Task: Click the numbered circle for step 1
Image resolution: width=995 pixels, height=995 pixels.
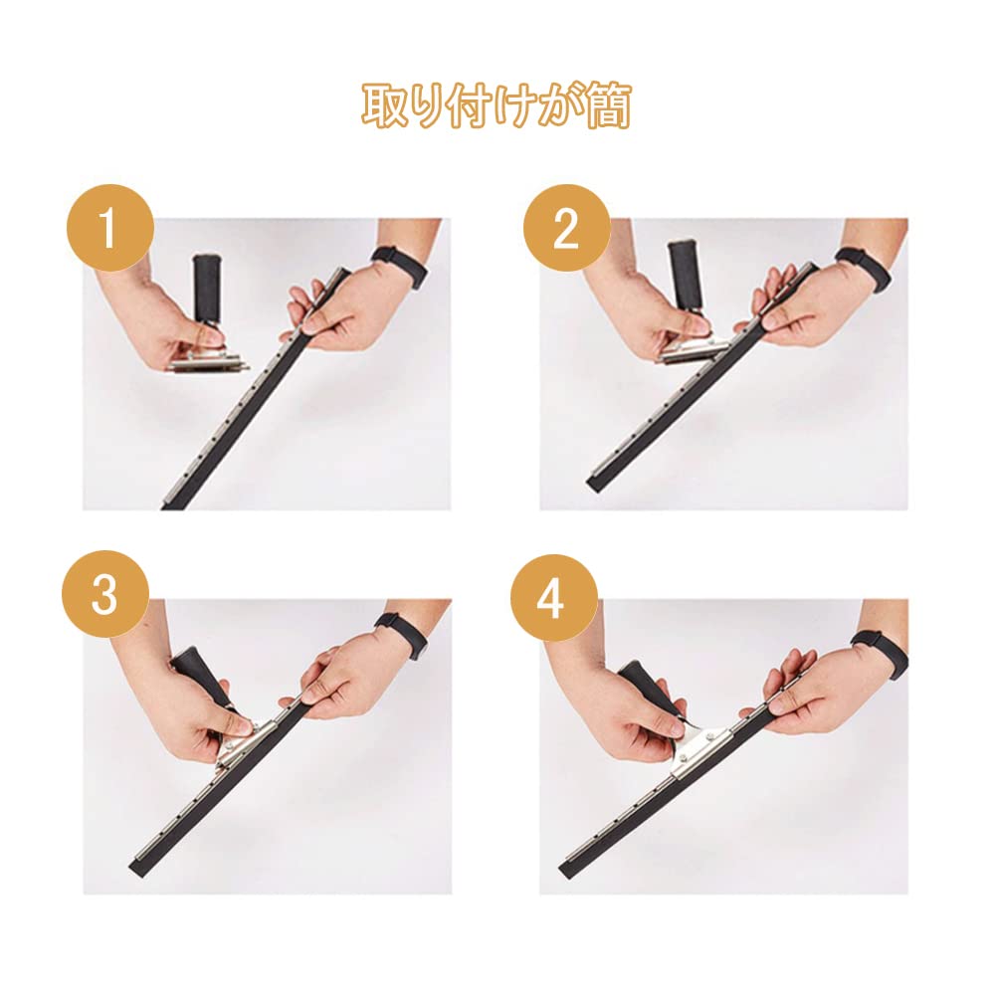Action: pos(109,228)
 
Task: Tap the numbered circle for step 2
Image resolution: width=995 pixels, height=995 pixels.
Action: pos(566,228)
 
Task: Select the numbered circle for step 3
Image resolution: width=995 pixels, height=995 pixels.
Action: pos(105,594)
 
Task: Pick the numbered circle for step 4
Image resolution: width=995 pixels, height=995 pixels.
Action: pos(553,598)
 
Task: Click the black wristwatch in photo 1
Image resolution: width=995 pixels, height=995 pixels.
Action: pos(401,267)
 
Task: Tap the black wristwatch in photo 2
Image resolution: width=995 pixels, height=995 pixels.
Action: pos(864,269)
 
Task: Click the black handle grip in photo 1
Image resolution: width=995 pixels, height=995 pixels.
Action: pos(208,288)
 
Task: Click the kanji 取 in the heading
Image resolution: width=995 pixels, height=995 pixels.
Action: pos(384,105)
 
